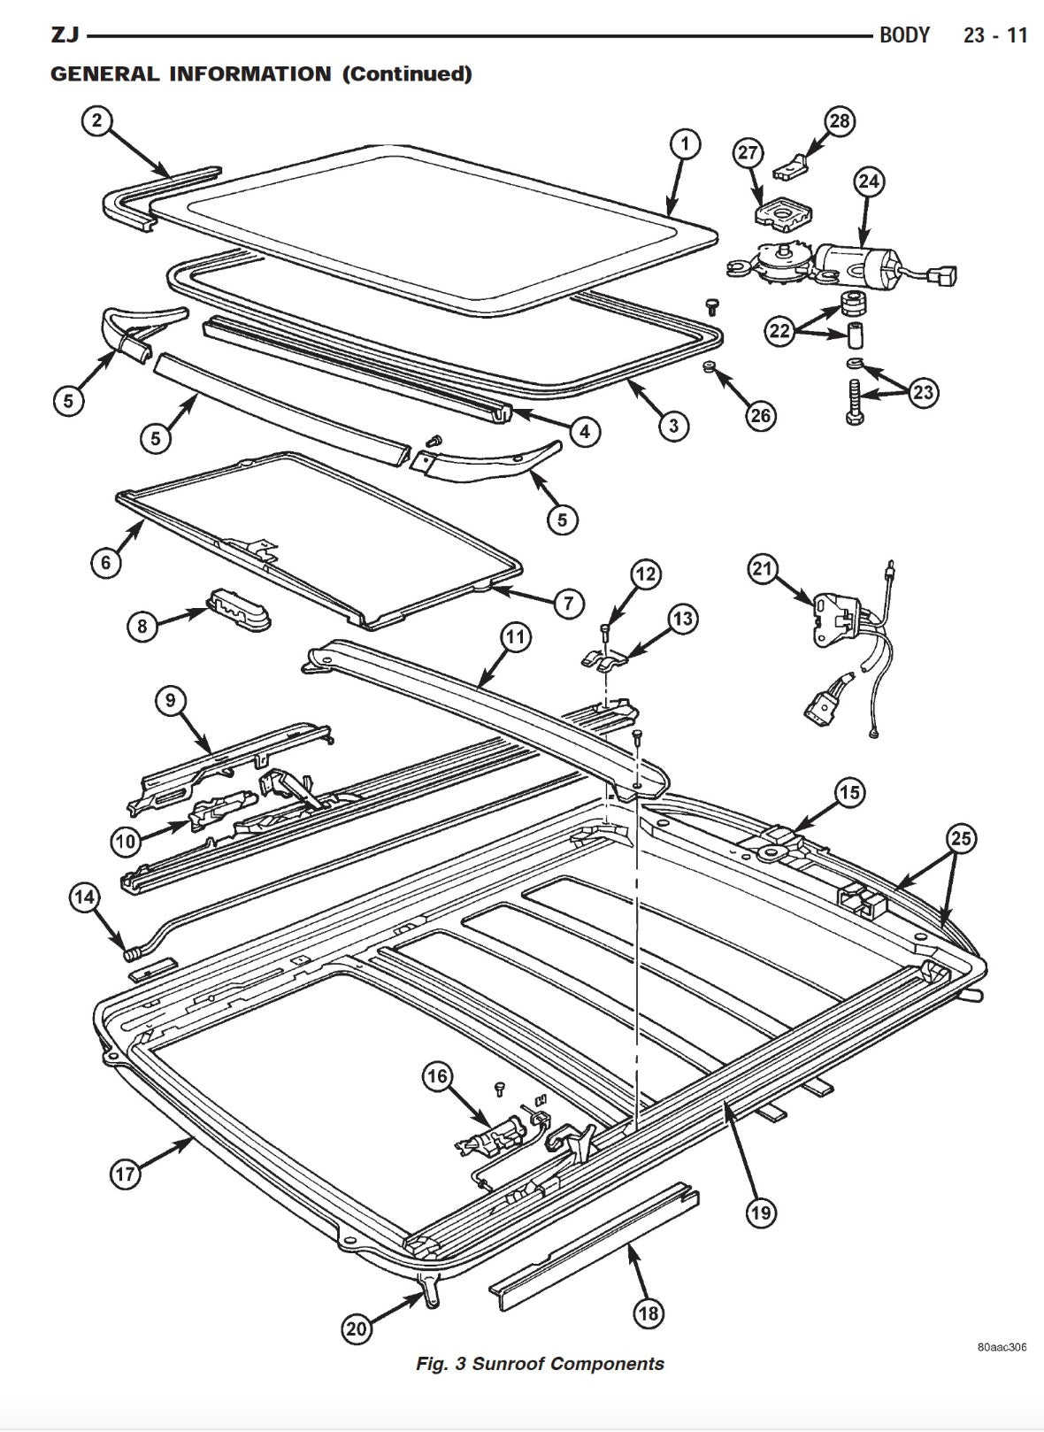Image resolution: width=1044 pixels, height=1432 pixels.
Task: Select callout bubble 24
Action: point(869,182)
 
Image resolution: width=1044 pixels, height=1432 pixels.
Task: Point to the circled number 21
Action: point(764,568)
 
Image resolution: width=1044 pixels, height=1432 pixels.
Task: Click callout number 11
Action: point(514,636)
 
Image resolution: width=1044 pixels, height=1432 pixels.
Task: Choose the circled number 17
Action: point(125,1175)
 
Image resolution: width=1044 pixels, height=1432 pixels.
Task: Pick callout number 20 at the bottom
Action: point(357,1328)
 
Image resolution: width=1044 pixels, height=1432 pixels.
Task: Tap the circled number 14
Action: point(84,897)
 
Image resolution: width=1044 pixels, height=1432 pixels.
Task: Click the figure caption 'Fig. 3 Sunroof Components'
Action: point(540,1364)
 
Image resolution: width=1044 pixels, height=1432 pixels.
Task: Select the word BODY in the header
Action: point(904,35)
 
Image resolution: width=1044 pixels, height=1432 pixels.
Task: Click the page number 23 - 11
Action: point(995,35)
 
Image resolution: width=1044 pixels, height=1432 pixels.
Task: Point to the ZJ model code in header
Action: point(65,35)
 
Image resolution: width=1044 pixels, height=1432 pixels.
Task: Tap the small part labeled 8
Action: point(239,611)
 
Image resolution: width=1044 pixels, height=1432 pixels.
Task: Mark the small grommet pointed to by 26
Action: point(709,366)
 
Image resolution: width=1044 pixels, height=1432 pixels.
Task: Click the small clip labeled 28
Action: point(796,164)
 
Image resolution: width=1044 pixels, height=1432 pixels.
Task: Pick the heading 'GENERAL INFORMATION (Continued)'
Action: point(261,73)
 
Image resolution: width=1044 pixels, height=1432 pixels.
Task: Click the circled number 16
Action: point(437,1077)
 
